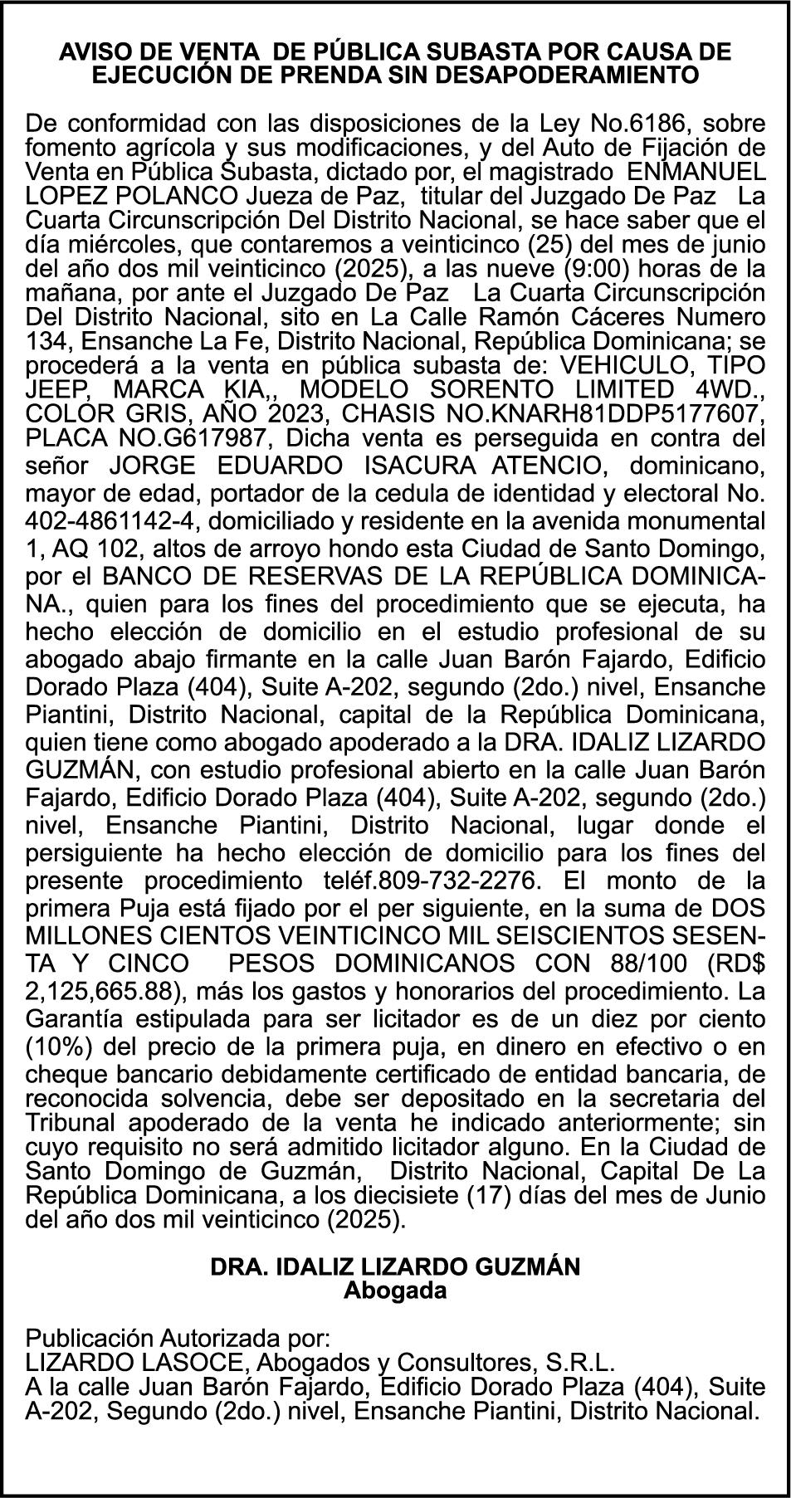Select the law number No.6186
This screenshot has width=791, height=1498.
click(642, 124)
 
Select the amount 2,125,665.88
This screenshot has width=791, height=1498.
click(100, 992)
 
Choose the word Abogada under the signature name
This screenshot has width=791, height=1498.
click(395, 1291)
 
